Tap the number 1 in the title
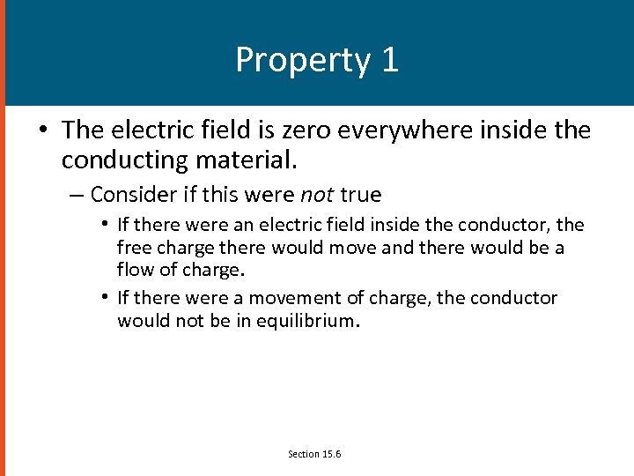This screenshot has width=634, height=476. (389, 60)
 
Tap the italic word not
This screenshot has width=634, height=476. (317, 194)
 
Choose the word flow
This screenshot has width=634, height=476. (135, 270)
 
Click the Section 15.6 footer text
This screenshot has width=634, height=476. (314, 454)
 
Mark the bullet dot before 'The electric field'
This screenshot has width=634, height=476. (42, 131)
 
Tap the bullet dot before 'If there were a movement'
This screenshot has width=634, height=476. (105, 298)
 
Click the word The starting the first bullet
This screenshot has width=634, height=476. (84, 130)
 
